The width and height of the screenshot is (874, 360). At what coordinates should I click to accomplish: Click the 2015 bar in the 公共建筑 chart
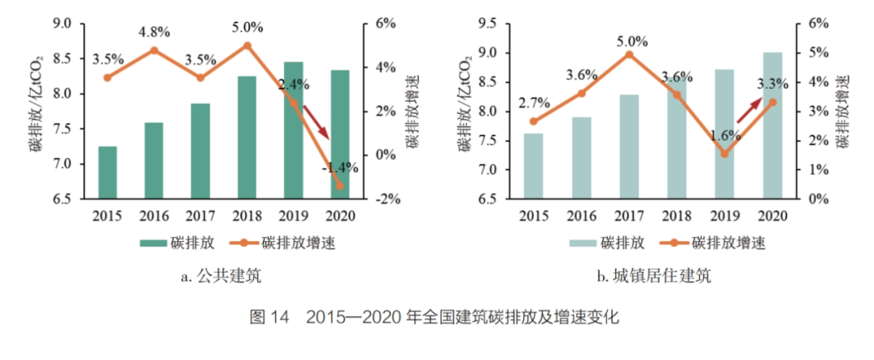point(107,172)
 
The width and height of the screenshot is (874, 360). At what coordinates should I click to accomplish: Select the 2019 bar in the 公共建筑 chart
point(294,129)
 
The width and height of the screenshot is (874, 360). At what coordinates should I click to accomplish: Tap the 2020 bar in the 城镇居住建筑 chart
point(773,125)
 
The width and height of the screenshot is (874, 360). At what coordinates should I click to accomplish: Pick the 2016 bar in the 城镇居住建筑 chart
point(582,158)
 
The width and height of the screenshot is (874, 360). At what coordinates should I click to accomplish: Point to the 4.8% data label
point(155,32)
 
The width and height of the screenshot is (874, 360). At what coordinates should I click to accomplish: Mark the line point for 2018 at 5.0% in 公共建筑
point(248,46)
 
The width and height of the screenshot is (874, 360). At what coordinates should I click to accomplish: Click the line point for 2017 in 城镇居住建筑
point(629,54)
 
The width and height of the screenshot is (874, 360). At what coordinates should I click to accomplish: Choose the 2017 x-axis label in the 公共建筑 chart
point(201,216)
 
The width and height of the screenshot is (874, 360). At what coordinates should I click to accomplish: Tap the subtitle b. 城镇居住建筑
point(654,277)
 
